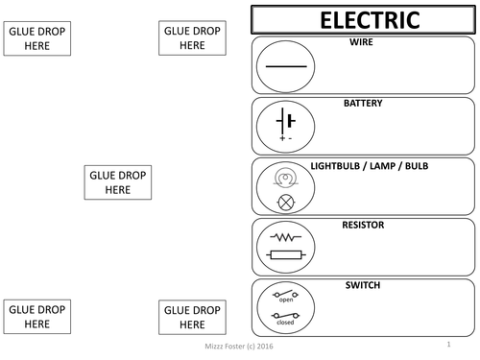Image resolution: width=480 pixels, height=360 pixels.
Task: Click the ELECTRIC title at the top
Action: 363,19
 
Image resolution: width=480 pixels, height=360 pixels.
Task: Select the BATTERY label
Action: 363,103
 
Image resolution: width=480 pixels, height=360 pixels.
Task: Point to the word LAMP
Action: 389,166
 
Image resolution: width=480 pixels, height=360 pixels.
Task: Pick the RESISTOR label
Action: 363,226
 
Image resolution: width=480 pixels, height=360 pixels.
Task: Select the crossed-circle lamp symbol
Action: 285,202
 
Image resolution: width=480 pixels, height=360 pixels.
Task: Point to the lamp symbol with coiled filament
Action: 285,178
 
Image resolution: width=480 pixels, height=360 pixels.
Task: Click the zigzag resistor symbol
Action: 285,235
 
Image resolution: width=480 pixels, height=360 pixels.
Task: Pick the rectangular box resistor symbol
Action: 285,254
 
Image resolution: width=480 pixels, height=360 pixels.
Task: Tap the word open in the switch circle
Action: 285,300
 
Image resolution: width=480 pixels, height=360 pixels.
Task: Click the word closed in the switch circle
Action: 285,323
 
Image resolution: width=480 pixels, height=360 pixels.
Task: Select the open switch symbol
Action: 285,292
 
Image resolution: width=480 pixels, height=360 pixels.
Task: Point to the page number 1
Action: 447,344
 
